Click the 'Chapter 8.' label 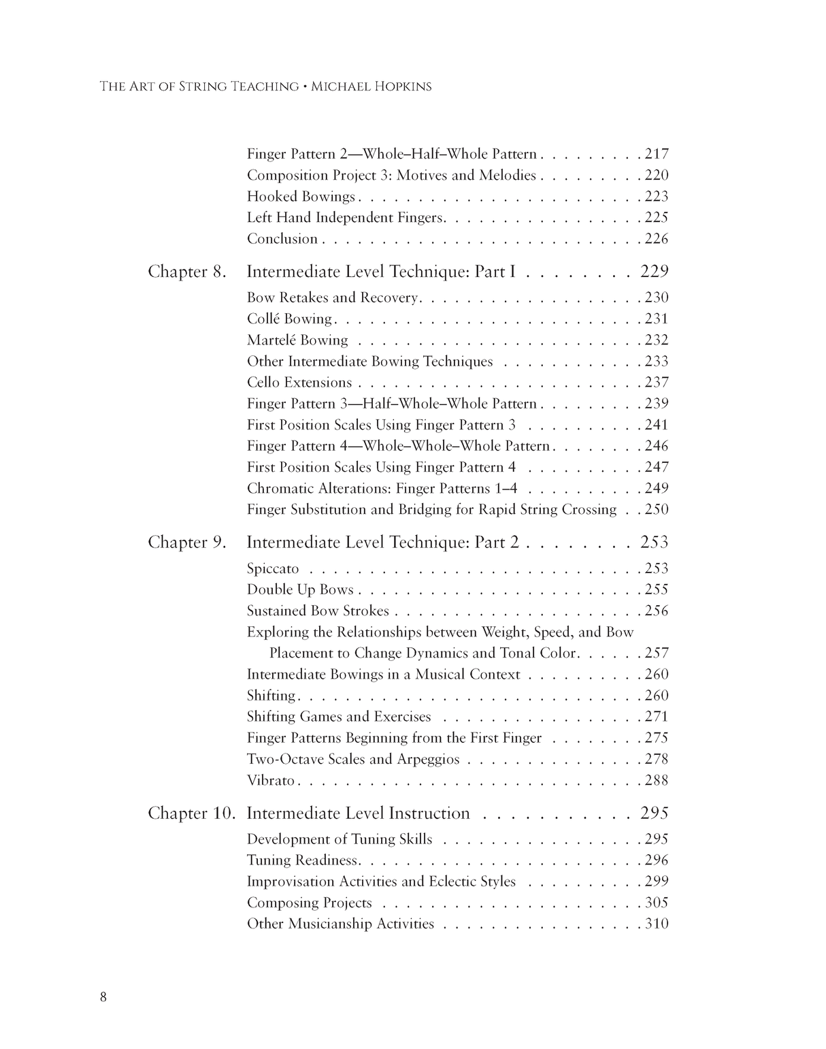tap(186, 272)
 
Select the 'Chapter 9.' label tap(186, 543)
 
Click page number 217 tap(657, 155)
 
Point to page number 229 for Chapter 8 tap(655, 272)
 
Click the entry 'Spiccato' tap(273, 569)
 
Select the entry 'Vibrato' tap(271, 781)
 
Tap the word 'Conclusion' tap(282, 239)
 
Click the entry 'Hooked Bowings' tap(301, 197)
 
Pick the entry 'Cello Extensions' tap(299, 383)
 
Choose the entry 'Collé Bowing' tap(289, 319)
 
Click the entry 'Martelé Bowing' tap(297, 340)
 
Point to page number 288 tap(657, 781)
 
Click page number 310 tap(657, 924)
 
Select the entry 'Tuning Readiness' tap(302, 860)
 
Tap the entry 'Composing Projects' tap(310, 903)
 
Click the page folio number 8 tap(103, 998)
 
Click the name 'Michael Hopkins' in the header tap(371, 87)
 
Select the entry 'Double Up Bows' tap(300, 590)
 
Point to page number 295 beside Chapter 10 tap(655, 813)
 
